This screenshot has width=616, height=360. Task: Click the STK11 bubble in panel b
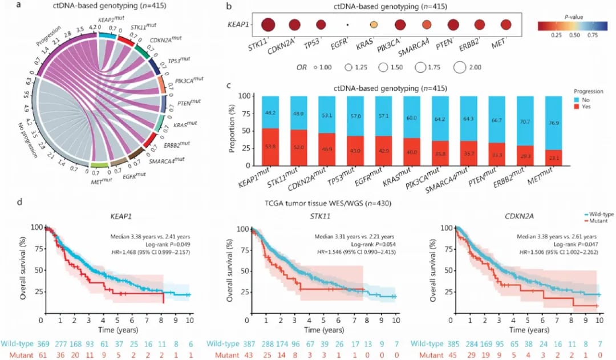click(269, 25)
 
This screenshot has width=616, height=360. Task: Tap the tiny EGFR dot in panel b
click(347, 25)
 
